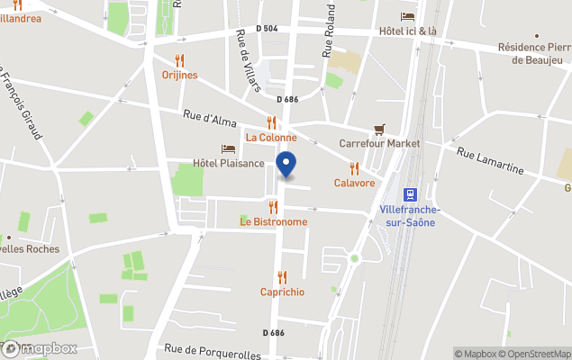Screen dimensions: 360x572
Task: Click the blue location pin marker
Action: point(286,166)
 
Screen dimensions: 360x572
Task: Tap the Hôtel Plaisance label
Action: point(229,163)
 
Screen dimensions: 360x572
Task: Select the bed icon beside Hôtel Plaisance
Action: point(228,148)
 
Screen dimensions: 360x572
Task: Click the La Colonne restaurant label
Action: point(271,138)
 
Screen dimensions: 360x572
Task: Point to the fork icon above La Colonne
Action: point(271,123)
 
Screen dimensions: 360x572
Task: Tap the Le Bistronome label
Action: point(273,221)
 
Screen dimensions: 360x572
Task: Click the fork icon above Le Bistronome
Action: point(273,207)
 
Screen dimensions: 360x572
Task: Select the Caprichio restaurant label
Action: point(282,292)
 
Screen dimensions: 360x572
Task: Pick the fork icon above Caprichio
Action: point(282,277)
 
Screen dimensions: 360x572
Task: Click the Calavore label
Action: point(354,183)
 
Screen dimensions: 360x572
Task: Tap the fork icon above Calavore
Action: point(354,167)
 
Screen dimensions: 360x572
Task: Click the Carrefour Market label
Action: point(379,143)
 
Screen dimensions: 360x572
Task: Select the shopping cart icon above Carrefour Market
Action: point(379,130)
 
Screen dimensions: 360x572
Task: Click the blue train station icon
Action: point(410,193)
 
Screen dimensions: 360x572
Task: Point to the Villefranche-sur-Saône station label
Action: point(410,216)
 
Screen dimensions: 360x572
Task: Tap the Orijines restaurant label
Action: point(179,75)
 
